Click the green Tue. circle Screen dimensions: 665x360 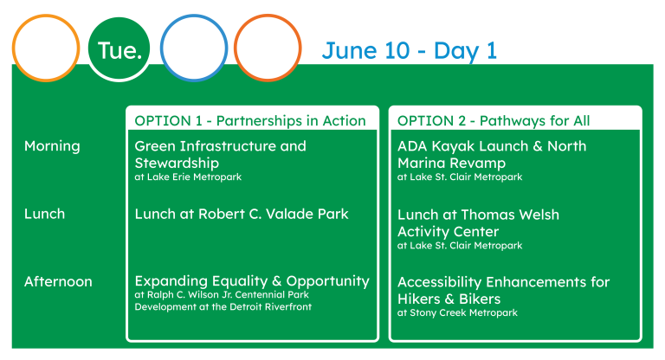(119, 48)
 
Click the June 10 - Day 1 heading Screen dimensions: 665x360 (410, 51)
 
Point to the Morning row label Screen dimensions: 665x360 (52, 146)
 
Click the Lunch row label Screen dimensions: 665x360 (44, 214)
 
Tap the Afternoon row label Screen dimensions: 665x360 (58, 281)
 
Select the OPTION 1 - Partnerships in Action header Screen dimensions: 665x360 (249, 121)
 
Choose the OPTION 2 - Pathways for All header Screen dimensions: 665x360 (494, 121)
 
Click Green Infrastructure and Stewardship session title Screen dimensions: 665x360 (220, 154)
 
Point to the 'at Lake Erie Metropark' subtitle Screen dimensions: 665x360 (188, 177)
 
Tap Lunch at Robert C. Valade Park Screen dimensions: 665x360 (242, 214)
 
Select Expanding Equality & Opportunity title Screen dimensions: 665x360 (252, 281)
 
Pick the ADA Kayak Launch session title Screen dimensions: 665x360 (492, 154)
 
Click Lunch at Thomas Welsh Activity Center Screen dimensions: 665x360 (478, 223)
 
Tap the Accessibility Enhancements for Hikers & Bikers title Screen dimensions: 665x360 (503, 291)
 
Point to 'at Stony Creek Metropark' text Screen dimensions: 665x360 (457, 313)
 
